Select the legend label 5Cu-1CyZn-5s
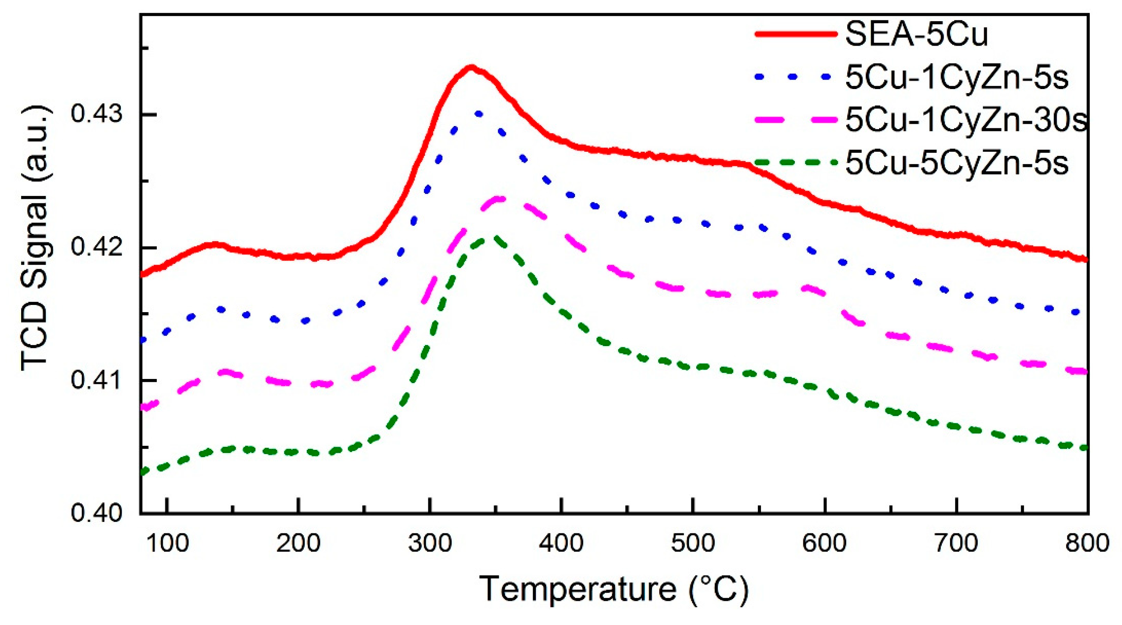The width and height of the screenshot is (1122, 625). coord(957,77)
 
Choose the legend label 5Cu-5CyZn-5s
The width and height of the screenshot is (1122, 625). coord(957,162)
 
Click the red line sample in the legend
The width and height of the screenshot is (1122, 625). coord(796,34)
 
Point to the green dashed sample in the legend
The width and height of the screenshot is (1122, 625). coord(796,162)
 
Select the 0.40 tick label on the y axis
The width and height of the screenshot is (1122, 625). coord(97,513)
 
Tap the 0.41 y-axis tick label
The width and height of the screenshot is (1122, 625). coord(97,380)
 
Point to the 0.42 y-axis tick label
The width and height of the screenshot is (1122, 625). coord(97,248)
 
